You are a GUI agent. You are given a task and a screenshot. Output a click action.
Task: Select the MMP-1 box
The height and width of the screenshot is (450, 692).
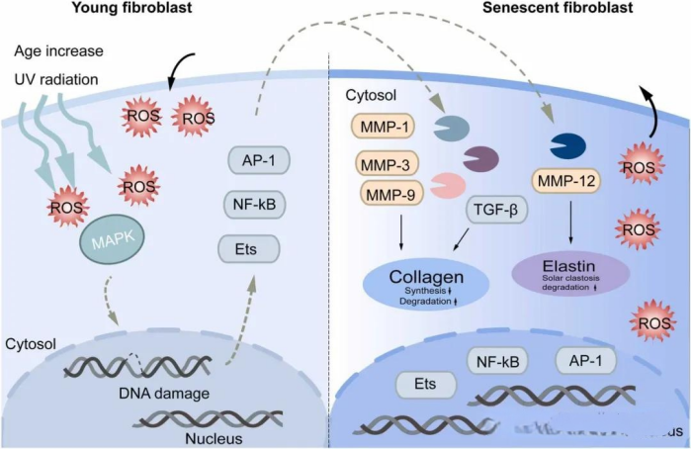pyautogui.click(x=386, y=126)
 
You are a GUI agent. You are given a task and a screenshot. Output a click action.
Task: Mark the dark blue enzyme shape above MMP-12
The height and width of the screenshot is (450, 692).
pyautogui.click(x=566, y=145)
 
